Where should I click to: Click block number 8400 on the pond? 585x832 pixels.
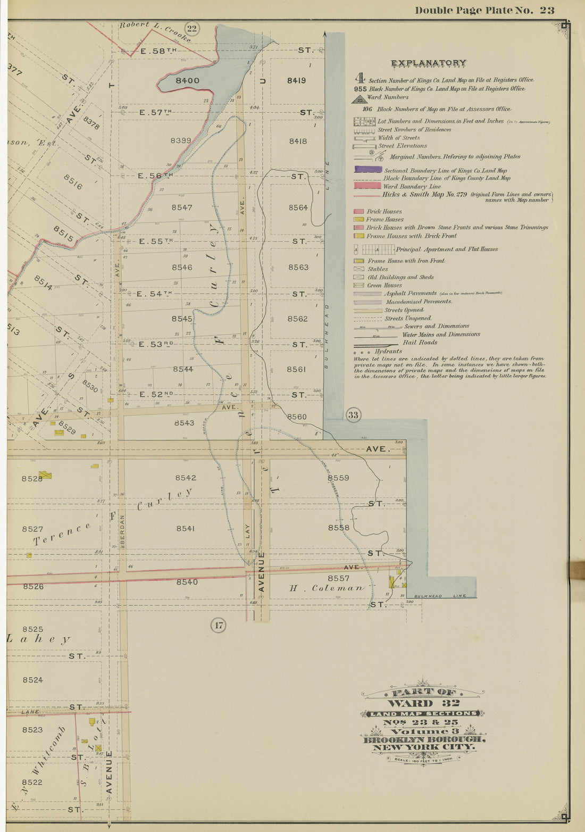tap(187, 81)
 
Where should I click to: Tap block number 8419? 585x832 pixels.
tap(296, 81)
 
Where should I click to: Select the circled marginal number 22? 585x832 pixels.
tap(191, 29)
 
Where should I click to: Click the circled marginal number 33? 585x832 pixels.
tap(353, 415)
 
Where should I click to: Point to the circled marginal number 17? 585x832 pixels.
tap(219, 625)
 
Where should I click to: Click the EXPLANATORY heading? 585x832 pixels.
tap(429, 63)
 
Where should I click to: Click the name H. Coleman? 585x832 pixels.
tap(327, 588)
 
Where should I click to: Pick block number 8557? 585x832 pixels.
tap(338, 578)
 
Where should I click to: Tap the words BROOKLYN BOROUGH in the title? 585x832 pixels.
tap(424, 739)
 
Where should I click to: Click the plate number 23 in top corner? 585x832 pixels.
tap(547, 10)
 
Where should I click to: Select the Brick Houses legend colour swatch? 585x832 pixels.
tap(358, 211)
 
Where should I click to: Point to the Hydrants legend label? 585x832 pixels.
tap(388, 351)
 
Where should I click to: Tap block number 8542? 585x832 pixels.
tap(186, 478)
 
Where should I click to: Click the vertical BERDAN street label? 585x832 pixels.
tap(122, 530)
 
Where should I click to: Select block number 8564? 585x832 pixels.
tap(298, 207)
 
